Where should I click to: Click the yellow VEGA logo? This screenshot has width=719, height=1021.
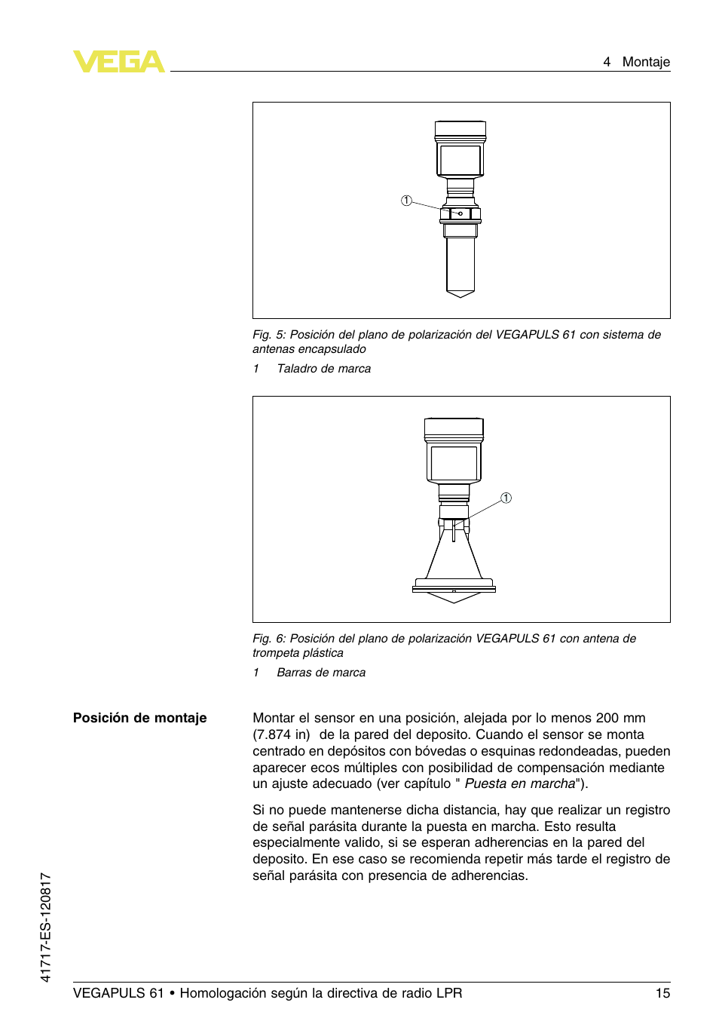pos(118,62)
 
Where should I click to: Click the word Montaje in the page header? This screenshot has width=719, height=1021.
pos(645,62)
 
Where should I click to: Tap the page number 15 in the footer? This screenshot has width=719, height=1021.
pos(662,993)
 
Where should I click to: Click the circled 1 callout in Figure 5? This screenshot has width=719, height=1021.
pos(406,201)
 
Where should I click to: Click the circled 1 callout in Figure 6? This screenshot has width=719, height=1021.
pos(506,498)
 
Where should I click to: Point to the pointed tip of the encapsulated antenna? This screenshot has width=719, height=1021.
pos(460,294)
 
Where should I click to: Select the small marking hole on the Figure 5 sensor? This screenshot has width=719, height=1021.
pos(460,213)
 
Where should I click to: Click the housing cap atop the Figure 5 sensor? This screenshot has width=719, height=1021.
pos(460,130)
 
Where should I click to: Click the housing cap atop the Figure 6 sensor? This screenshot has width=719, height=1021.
pos(454,428)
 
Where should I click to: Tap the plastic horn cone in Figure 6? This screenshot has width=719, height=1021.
pos(454,558)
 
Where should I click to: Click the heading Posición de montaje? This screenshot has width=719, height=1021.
pos(139,718)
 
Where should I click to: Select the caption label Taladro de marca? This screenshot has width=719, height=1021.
pos(323,369)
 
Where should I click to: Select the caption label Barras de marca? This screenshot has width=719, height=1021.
pos(321,673)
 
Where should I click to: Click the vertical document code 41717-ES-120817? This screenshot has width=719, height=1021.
pos(46,927)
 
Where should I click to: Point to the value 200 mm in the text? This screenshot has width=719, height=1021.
pos(620,718)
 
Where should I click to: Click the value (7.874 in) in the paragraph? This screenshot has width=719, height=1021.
pos(281,734)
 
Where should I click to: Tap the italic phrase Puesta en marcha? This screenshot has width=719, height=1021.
pos(519,783)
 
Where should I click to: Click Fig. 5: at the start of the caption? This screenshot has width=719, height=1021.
pos(269,335)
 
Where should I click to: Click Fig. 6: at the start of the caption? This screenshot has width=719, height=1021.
pos(269,639)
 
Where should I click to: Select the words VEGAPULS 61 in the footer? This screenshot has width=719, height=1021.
pos(118,993)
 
